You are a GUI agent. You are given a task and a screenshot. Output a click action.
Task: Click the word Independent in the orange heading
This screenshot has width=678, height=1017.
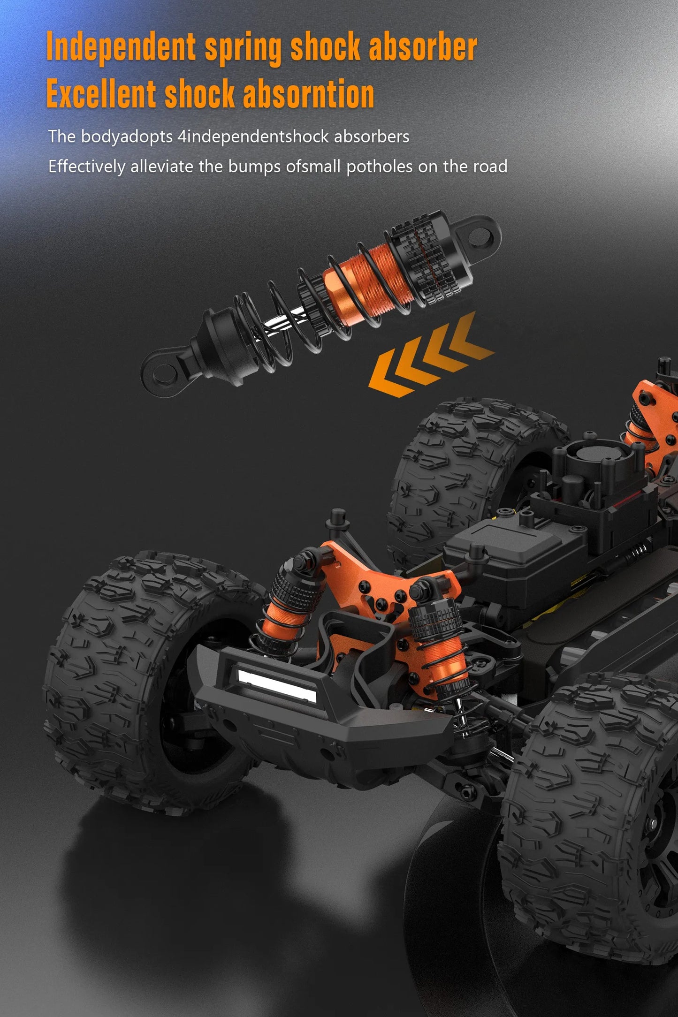[x=121, y=47]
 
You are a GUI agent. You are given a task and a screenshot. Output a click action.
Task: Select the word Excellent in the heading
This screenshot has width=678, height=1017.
[x=101, y=94]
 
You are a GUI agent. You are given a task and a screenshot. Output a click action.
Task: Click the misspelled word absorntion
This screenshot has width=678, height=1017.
[x=308, y=94]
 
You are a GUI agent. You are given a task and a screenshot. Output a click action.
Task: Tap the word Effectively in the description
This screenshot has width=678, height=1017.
[x=87, y=167]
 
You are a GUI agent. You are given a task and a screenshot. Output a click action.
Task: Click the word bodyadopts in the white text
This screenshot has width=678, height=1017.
[x=127, y=137]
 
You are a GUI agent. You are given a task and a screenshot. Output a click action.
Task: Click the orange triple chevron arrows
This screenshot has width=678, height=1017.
[x=429, y=357]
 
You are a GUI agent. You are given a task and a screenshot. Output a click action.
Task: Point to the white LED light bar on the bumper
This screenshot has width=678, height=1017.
[x=276, y=685]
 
